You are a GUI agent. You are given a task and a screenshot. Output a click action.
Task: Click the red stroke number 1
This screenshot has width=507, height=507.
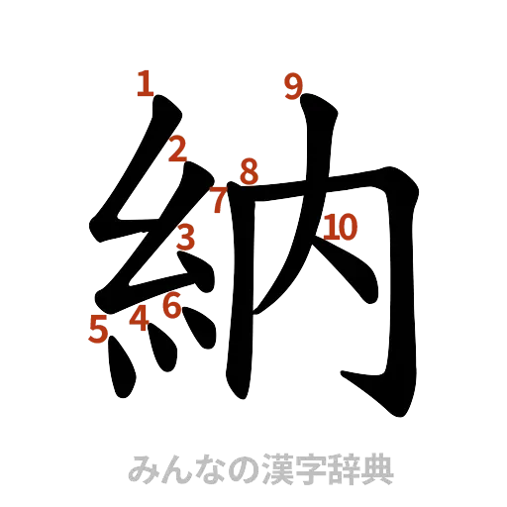tap(146, 83)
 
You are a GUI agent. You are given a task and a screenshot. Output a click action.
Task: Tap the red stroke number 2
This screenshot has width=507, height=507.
tap(177, 150)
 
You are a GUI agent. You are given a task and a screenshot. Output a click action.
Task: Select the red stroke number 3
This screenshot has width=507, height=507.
tap(185, 237)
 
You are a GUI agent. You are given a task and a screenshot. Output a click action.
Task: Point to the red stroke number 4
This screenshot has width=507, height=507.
tap(140, 317)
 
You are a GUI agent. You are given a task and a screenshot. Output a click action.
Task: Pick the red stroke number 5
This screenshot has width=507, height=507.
tap(98, 327)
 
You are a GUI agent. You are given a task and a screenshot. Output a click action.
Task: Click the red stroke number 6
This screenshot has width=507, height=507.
tap(172, 306)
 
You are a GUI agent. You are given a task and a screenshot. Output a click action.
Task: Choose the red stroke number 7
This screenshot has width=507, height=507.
tap(218, 201)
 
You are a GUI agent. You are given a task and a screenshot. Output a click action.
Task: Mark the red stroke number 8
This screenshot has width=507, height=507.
tap(248, 170)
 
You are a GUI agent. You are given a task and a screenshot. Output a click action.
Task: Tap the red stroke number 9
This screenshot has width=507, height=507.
tap(292, 87)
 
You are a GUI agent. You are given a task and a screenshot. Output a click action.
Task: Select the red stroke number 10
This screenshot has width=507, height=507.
tap(339, 228)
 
